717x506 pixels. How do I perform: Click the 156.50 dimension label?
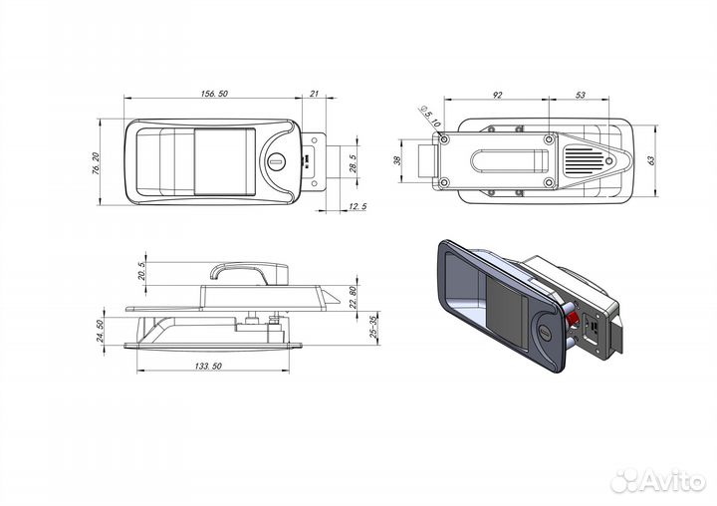tap(214, 94)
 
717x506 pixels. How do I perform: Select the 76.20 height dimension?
tap(96, 163)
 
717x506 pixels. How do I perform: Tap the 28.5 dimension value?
tap(353, 163)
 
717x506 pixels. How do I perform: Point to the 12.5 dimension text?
tap(358, 206)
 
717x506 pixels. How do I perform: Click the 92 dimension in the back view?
tap(498, 95)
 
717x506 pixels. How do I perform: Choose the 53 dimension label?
tap(580, 95)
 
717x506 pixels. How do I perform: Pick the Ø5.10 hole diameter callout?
tap(429, 117)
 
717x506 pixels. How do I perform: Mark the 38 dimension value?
tap(397, 160)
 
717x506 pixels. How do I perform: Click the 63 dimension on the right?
tap(651, 160)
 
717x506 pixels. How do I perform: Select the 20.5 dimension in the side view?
tap(141, 271)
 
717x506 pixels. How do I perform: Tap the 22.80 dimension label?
tap(353, 297)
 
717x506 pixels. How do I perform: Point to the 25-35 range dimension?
tap(374, 327)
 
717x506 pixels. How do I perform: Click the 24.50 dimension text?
tap(101, 331)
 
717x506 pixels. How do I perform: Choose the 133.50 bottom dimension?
tap(208, 366)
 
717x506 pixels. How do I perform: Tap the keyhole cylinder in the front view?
tap(277, 160)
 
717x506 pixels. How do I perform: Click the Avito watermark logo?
tap(658, 480)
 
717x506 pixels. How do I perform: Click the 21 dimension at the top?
tap(314, 94)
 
